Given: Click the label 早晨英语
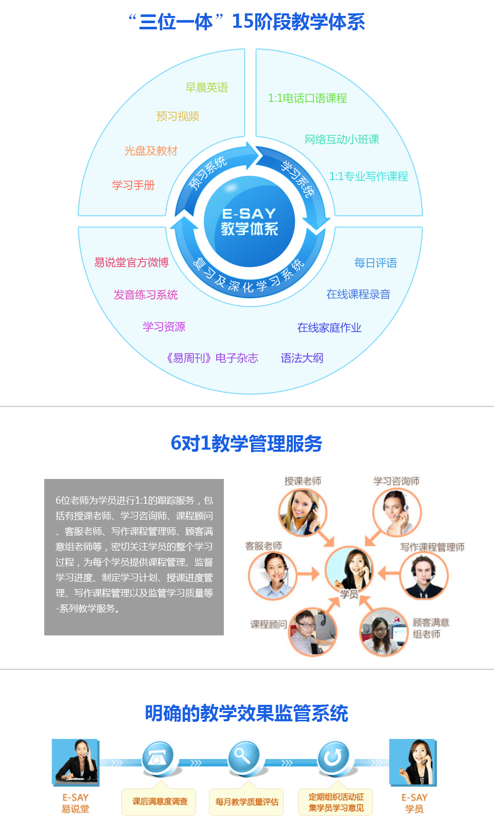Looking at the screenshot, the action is coord(207,87).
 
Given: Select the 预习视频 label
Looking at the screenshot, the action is coord(178,116).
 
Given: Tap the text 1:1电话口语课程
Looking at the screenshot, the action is coord(308,98).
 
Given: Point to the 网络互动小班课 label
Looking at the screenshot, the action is coord(342,139).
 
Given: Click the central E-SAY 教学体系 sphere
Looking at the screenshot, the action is coord(250,221).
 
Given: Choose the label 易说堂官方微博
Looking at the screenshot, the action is coord(131,262).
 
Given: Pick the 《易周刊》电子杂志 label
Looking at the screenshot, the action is coord(212,358).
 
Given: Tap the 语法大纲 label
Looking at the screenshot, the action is coord(302,358).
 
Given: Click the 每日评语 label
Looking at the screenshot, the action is coord(376,263).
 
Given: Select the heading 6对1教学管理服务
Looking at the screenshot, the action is coord(246,443).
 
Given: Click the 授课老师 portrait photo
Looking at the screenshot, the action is coord(303,512).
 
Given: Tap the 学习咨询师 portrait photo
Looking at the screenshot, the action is coord(397,512).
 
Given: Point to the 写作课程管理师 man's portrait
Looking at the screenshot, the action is coord(425,576).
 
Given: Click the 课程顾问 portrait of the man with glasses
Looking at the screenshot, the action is coord(312,631).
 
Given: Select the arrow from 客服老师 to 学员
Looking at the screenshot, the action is coord(308,574).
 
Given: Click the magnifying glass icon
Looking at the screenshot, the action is coord(244,757).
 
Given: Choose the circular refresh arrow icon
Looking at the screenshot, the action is coord(333,757).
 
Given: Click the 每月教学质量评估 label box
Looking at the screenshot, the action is coord(246,802).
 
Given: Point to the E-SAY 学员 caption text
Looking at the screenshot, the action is coord(414,803).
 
